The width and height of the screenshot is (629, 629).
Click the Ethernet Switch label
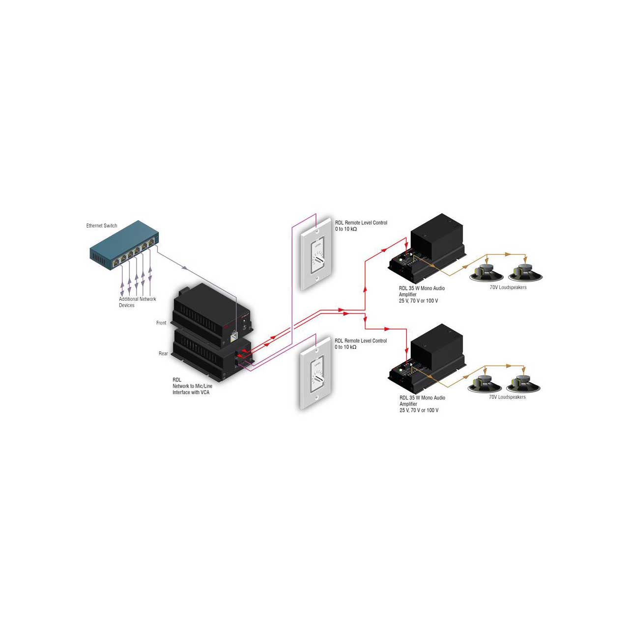[102, 226]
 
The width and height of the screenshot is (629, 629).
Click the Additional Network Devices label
[137, 302]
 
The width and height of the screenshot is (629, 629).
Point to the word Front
[161, 323]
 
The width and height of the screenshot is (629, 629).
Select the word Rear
[163, 353]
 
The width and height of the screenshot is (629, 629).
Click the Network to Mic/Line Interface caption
[192, 386]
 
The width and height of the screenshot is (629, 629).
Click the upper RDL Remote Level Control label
[361, 226]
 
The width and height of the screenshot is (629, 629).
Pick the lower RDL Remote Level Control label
[360, 343]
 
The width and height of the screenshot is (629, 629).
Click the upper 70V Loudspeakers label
[508, 287]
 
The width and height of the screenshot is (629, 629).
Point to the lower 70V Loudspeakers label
[507, 397]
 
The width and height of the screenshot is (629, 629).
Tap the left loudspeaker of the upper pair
[486, 273]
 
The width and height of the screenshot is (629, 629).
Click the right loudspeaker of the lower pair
[523, 383]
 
